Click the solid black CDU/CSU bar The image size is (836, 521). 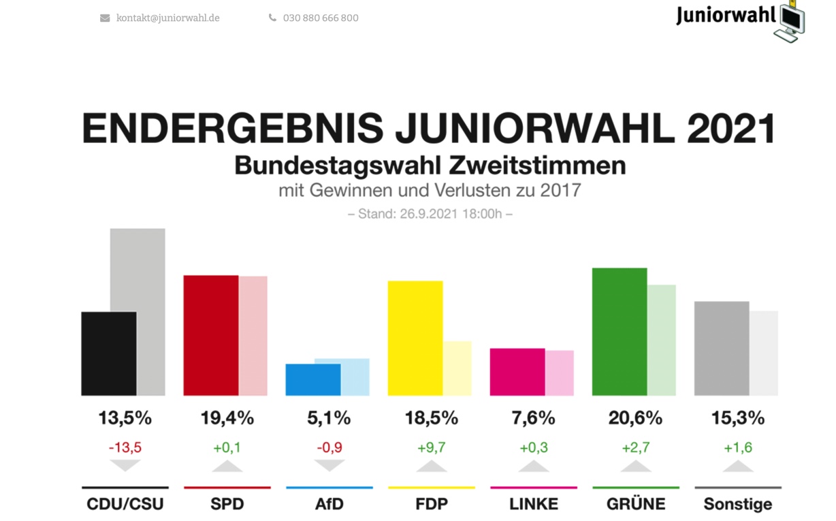pyautogui.click(x=109, y=353)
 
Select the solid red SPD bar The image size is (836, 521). pyautogui.click(x=211, y=335)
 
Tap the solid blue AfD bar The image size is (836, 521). pyautogui.click(x=313, y=379)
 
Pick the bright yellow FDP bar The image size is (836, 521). pyautogui.click(x=415, y=338)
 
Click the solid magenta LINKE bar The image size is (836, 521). pyautogui.click(x=517, y=372)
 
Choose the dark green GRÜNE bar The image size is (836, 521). pyautogui.click(x=620, y=332)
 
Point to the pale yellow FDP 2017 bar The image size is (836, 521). pyautogui.click(x=457, y=368)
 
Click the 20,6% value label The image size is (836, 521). pyautogui.click(x=635, y=418)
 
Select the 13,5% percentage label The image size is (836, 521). pyautogui.click(x=125, y=418)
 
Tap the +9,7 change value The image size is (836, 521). pyautogui.click(x=431, y=447)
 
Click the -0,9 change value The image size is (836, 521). pyautogui.click(x=329, y=447)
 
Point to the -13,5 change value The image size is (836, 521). pyautogui.click(x=125, y=447)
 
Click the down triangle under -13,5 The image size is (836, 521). pyautogui.click(x=125, y=466)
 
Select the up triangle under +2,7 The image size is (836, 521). pyautogui.click(x=635, y=467)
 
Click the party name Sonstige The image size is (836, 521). pyautogui.click(x=738, y=505)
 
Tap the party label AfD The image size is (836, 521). pyautogui.click(x=329, y=505)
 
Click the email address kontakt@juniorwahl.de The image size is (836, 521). pyautogui.click(x=167, y=18)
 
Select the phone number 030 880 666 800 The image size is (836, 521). pyautogui.click(x=321, y=18)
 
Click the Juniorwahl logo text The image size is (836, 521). pyautogui.click(x=726, y=15)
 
